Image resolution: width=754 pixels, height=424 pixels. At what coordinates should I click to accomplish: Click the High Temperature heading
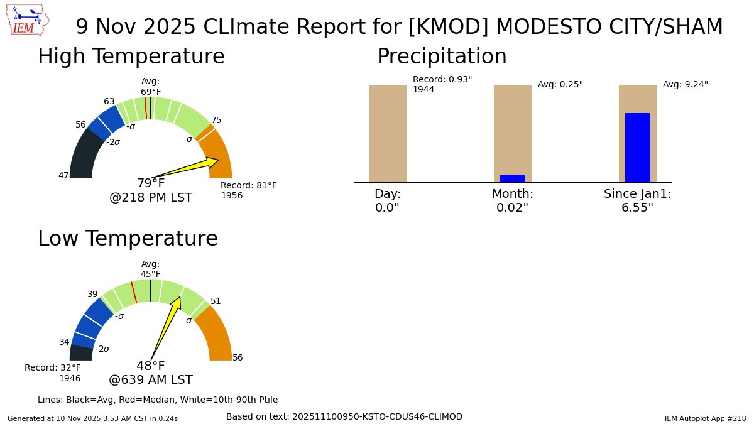pyautogui.click(x=131, y=57)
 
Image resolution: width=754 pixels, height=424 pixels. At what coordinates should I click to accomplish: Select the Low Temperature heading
pyautogui.click(x=128, y=239)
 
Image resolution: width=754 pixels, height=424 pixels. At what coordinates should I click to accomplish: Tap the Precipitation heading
pyautogui.click(x=442, y=57)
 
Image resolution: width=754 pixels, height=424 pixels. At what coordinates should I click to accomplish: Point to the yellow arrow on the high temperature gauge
pyautogui.click(x=188, y=168)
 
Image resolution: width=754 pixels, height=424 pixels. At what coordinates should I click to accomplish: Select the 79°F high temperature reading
pyautogui.click(x=151, y=183)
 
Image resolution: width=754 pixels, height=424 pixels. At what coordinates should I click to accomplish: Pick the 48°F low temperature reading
pyautogui.click(x=151, y=366)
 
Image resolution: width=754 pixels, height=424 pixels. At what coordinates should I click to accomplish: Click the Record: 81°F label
pyautogui.click(x=249, y=186)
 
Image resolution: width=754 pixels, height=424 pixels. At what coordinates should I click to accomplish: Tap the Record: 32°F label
pyautogui.click(x=53, y=368)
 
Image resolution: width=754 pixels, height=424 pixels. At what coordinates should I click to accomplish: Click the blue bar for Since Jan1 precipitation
pyautogui.click(x=637, y=148)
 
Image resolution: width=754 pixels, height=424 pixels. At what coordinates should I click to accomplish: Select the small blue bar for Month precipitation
pyautogui.click(x=512, y=178)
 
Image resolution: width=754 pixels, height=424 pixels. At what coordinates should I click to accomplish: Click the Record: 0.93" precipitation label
pyautogui.click(x=442, y=80)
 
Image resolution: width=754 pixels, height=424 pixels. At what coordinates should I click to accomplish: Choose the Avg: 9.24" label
pyautogui.click(x=685, y=84)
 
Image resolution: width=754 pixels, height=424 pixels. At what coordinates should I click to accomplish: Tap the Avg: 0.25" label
pyautogui.click(x=560, y=84)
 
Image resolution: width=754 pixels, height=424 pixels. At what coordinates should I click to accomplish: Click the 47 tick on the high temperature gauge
pyautogui.click(x=63, y=175)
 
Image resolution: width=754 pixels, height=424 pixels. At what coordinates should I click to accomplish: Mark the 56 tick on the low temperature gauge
pyautogui.click(x=238, y=357)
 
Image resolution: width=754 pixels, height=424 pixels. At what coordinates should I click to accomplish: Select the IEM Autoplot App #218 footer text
pyautogui.click(x=705, y=418)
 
